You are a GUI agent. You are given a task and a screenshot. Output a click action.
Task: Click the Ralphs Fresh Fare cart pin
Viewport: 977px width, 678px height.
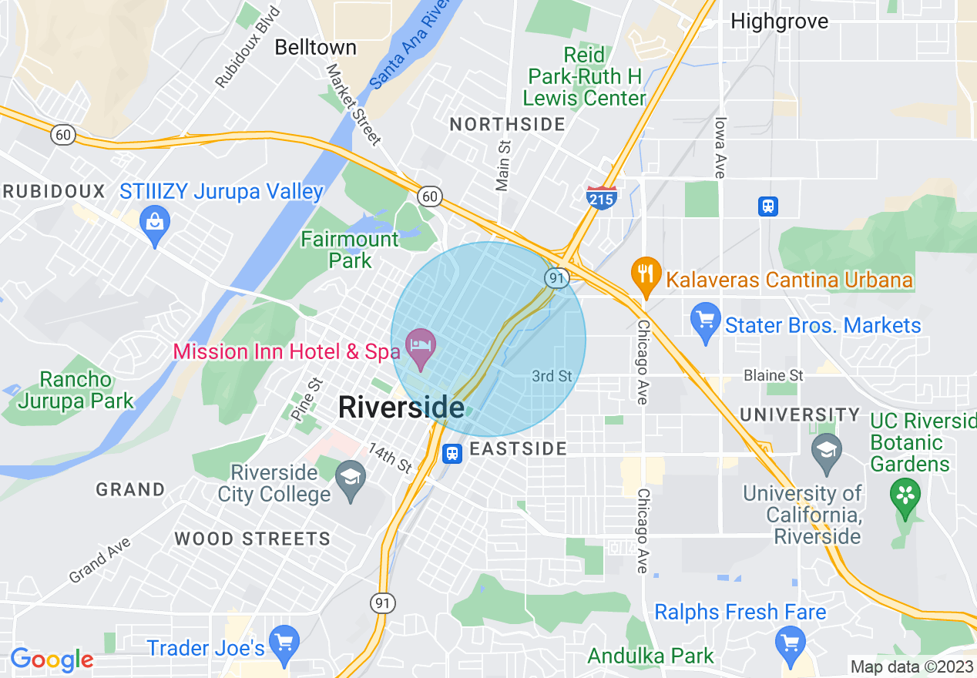[790, 642]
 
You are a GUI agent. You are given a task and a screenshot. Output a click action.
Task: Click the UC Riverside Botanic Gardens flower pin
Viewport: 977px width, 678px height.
[905, 495]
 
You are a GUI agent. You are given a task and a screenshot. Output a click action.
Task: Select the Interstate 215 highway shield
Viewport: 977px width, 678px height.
[601, 198]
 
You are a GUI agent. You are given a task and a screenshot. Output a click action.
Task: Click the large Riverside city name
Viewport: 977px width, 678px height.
[401, 408]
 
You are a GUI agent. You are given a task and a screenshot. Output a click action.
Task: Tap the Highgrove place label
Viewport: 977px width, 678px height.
[779, 21]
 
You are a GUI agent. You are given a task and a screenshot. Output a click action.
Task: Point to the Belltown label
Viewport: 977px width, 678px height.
[315, 48]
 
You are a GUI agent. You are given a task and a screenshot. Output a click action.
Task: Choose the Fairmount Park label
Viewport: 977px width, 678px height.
[350, 250]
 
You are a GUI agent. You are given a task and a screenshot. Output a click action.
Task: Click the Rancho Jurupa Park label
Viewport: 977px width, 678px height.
[76, 390]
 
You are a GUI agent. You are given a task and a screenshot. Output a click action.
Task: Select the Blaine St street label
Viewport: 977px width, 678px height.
[773, 376]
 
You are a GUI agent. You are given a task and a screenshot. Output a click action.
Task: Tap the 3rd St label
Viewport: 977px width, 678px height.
[552, 376]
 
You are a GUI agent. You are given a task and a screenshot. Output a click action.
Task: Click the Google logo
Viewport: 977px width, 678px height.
[52, 660]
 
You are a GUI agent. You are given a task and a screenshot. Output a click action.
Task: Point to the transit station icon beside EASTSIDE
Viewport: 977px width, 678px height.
[452, 453]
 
